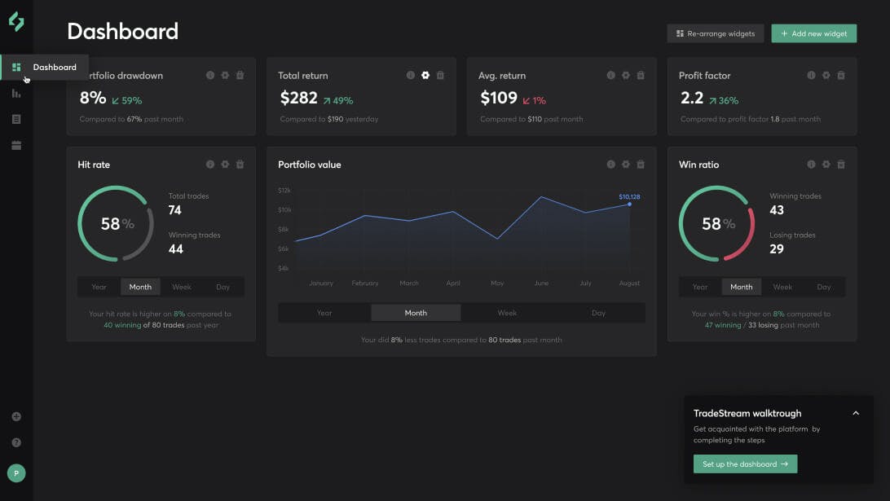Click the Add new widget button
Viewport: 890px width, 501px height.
pyautogui.click(x=813, y=33)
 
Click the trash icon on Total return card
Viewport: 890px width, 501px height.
pyautogui.click(x=440, y=76)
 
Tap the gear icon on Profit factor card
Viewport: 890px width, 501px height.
pyautogui.click(x=826, y=76)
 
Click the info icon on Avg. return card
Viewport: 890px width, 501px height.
pyautogui.click(x=610, y=76)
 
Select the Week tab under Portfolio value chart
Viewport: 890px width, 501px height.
pyautogui.click(x=507, y=313)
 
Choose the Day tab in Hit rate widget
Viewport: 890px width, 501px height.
pyautogui.click(x=222, y=287)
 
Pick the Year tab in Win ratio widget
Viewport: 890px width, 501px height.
pyautogui.click(x=700, y=287)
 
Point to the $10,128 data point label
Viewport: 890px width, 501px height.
pyautogui.click(x=629, y=196)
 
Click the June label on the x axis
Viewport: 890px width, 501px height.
pyautogui.click(x=541, y=283)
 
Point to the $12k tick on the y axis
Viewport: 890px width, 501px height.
pyautogui.click(x=284, y=190)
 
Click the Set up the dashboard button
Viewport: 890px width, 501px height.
pyautogui.click(x=745, y=464)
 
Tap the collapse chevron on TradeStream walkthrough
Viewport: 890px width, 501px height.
pyautogui.click(x=856, y=413)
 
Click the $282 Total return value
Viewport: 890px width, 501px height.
pyautogui.click(x=298, y=99)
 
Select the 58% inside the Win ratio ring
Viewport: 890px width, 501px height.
pyautogui.click(x=717, y=224)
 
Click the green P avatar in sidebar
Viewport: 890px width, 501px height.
pyautogui.click(x=16, y=472)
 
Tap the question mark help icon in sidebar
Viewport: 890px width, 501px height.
pyautogui.click(x=16, y=442)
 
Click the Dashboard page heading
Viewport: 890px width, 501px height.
pyautogui.click(x=122, y=32)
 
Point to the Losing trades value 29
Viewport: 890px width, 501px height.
pyautogui.click(x=777, y=249)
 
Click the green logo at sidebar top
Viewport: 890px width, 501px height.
pyautogui.click(x=16, y=22)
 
